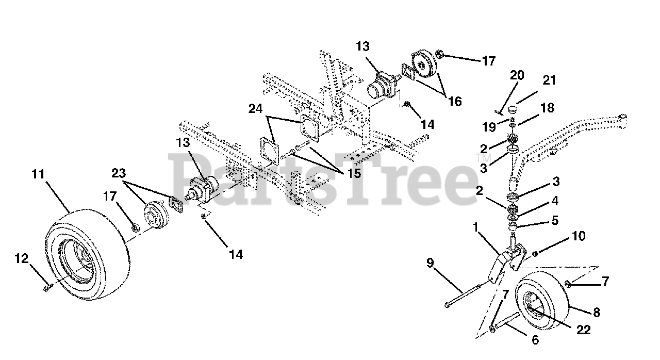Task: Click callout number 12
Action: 22,259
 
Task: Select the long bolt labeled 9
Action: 462,296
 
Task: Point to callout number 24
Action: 255,109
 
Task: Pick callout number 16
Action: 455,101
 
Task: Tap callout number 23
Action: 119,173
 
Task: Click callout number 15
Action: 354,173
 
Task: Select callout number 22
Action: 583,330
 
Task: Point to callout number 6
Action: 535,340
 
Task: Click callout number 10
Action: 579,236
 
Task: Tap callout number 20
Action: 517,75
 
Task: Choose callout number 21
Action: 549,80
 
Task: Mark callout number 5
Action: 555,220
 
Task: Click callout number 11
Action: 38,174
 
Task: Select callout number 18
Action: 548,108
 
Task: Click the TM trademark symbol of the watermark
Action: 479,158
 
